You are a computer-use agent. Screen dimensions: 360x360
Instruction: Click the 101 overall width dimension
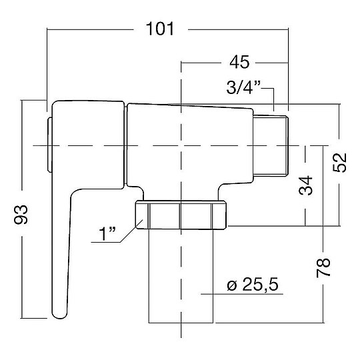coord(160,29)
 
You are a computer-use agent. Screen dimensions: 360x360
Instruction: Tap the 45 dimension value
coord(239,62)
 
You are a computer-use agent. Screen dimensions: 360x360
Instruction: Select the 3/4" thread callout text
coord(243,87)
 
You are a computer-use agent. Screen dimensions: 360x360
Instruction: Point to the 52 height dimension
coord(340,162)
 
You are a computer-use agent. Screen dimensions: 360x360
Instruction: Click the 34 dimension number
coord(306,185)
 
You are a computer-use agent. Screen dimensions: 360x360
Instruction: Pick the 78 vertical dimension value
coord(323,268)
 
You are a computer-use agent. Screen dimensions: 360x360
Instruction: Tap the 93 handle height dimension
coord(21,215)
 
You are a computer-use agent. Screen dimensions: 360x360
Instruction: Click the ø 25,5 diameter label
coord(253,285)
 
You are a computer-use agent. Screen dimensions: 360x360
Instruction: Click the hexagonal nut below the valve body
coord(181,215)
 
